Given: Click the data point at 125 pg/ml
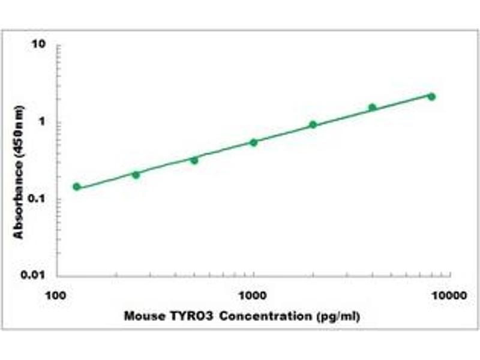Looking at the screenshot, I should pyautogui.click(x=76, y=187).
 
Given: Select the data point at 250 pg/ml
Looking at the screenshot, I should pyautogui.click(x=136, y=175).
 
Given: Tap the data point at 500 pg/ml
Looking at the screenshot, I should pyautogui.click(x=194, y=160).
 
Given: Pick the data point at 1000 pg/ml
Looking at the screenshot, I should pyautogui.click(x=253, y=142).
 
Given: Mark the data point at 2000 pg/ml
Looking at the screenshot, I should pyautogui.click(x=313, y=125).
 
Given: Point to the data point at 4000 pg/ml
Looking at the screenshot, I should pyautogui.click(x=372, y=107).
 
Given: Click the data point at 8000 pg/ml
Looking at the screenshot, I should pyautogui.click(x=431, y=97).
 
